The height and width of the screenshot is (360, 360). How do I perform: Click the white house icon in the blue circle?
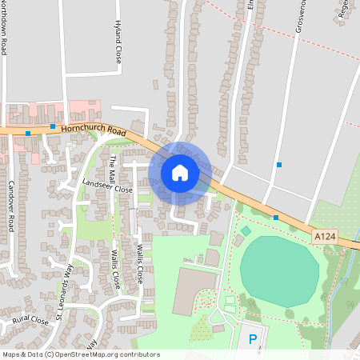click(179, 172)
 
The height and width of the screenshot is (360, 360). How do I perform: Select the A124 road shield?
click(325, 236)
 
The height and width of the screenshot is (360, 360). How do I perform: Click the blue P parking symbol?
click(253, 339)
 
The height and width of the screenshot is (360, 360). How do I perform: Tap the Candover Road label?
click(11, 206)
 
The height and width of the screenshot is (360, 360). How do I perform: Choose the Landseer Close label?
click(107, 187)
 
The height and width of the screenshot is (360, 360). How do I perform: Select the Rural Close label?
click(30, 322)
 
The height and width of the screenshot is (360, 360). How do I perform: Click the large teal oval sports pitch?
click(279, 271)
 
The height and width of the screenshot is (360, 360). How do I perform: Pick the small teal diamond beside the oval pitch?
click(246, 230)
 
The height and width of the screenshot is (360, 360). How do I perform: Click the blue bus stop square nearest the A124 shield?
click(276, 217)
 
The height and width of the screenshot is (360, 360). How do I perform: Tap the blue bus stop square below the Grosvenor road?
click(279, 165)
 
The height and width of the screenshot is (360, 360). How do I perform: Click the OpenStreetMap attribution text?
click(80, 354)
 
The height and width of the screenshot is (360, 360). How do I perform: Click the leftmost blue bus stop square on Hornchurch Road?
click(28, 133)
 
